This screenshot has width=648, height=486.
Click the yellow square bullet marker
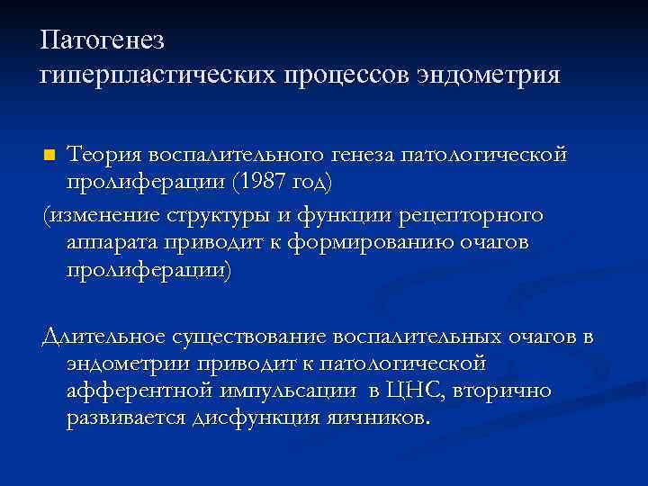point(49,156)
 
